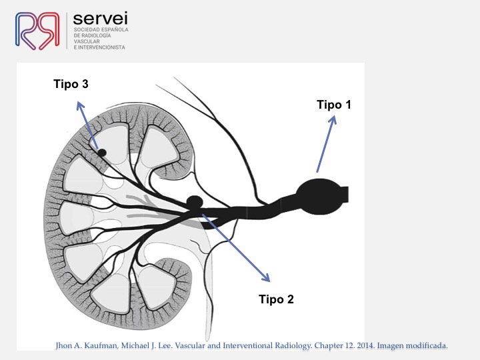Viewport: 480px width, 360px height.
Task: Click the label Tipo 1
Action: [x=334, y=105]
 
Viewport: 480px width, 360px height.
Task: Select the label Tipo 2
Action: [x=276, y=299]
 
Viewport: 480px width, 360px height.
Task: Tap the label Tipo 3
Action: [x=71, y=84]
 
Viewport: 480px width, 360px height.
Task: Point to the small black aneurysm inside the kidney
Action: [x=101, y=153]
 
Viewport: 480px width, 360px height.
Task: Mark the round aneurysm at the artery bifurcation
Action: [x=195, y=203]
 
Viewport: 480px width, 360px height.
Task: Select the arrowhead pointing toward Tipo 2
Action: [x=265, y=277]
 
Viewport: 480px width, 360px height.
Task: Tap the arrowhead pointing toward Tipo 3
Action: [x=80, y=106]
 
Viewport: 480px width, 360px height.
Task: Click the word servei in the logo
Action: [x=101, y=19]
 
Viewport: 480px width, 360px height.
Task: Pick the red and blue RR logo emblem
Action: [x=37, y=31]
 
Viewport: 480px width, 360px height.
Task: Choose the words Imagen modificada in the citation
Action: [x=412, y=345]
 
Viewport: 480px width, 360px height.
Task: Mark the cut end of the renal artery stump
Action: [x=348, y=195]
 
